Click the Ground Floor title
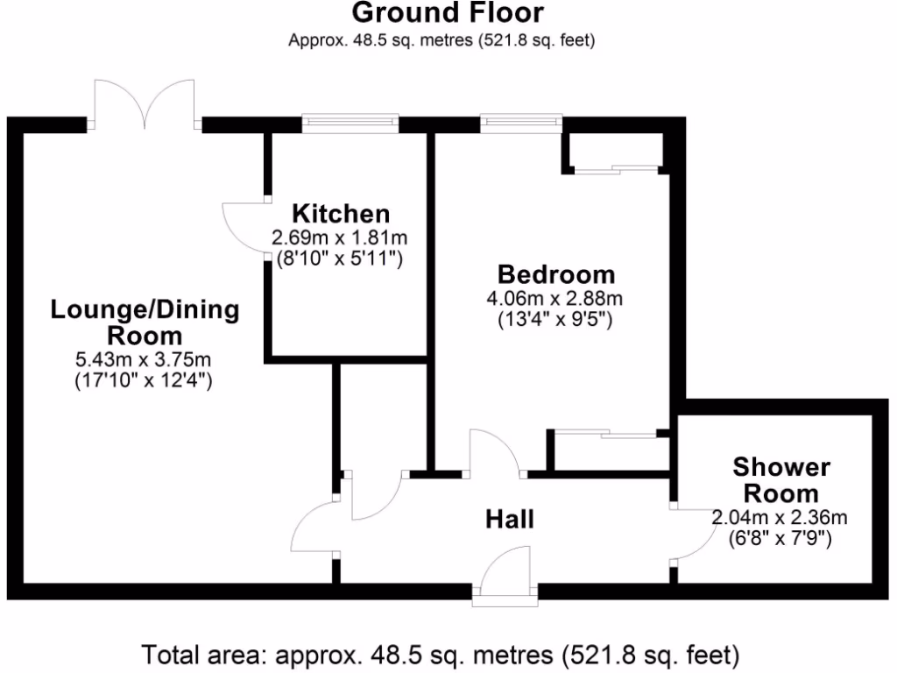448,13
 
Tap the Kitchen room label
340,213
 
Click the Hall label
510,520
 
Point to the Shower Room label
782,479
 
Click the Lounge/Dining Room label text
145,322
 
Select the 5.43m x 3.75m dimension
145,360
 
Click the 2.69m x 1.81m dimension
340,237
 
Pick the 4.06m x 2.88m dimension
556,298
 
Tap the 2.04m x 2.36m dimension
780,518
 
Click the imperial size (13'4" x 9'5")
556,320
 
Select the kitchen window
350,122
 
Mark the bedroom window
520,122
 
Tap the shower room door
692,535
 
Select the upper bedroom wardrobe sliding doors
617,166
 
